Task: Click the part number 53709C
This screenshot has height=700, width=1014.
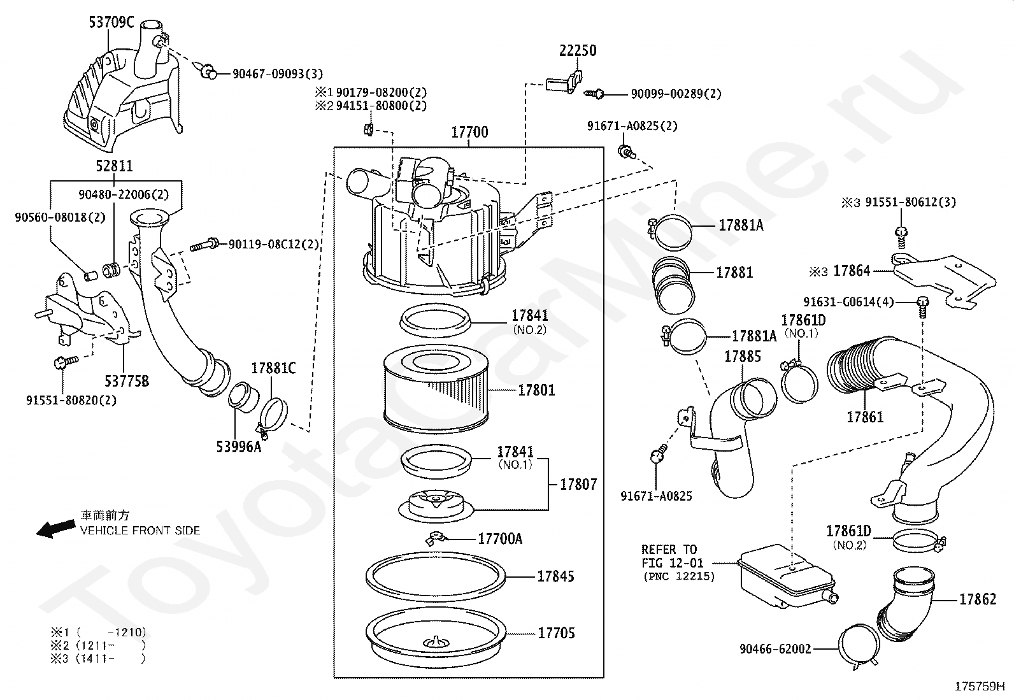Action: tap(111, 23)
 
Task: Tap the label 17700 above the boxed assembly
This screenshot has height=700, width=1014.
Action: tap(469, 132)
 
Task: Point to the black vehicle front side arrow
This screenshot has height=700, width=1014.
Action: tap(54, 529)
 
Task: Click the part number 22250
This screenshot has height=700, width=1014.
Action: tap(578, 51)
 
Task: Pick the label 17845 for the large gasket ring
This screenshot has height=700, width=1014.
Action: tap(555, 576)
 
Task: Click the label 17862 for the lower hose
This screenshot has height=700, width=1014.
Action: tap(977, 599)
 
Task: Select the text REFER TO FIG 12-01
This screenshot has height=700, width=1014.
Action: tap(669, 556)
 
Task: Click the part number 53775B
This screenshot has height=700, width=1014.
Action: tap(127, 381)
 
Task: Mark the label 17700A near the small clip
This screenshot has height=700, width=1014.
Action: tap(500, 539)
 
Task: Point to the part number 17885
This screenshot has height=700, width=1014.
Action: tap(743, 356)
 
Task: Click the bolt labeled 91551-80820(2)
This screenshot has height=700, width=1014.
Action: tap(65, 362)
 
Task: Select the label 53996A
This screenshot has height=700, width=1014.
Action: tap(239, 446)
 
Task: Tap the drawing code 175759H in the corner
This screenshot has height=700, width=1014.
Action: tap(979, 687)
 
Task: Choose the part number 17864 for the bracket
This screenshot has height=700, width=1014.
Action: tap(852, 271)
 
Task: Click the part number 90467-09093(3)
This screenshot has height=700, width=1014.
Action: tap(278, 74)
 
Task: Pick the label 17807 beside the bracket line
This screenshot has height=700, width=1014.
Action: tap(578, 485)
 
